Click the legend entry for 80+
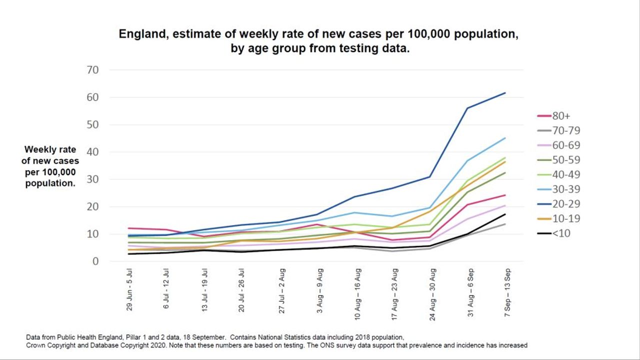(x=559, y=116)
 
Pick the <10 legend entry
(x=559, y=233)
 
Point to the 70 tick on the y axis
(x=92, y=70)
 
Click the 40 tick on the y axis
(x=92, y=152)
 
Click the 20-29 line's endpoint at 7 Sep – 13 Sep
(x=505, y=93)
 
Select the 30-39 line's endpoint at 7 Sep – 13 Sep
(x=505, y=138)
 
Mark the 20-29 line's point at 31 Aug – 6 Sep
(x=467, y=108)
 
